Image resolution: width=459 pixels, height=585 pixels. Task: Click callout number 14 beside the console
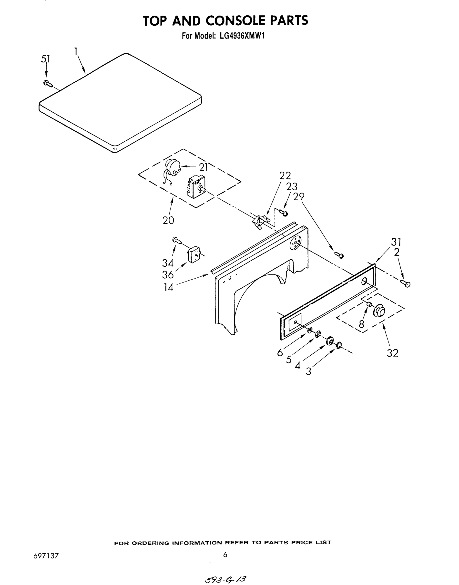pos(169,287)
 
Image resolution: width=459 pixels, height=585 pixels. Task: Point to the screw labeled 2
pos(406,283)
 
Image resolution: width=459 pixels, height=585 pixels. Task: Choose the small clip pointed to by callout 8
pos(369,304)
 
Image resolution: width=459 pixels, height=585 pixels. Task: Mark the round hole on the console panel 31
pos(364,281)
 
